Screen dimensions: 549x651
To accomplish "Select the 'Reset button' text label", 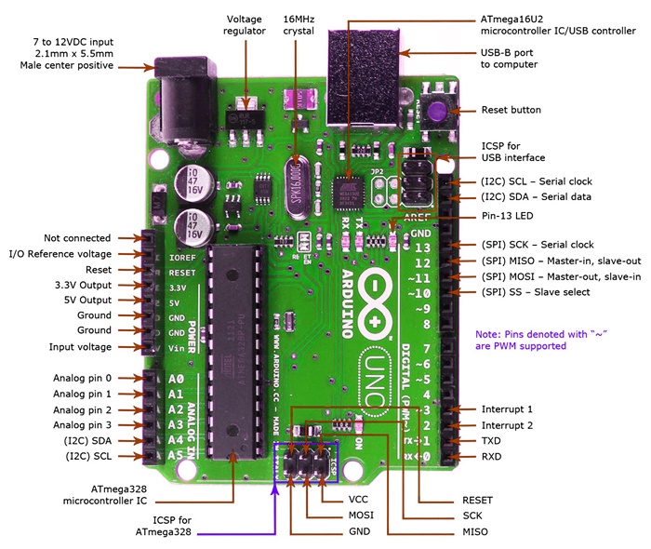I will (x=511, y=110).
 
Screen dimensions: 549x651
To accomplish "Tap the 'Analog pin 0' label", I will (x=82, y=379).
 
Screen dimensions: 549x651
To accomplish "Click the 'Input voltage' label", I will (x=80, y=347).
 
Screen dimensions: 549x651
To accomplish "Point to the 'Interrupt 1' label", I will (x=507, y=409).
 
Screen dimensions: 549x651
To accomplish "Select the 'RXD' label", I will (x=493, y=457).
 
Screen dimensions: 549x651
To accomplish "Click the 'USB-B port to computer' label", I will (x=508, y=58).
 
